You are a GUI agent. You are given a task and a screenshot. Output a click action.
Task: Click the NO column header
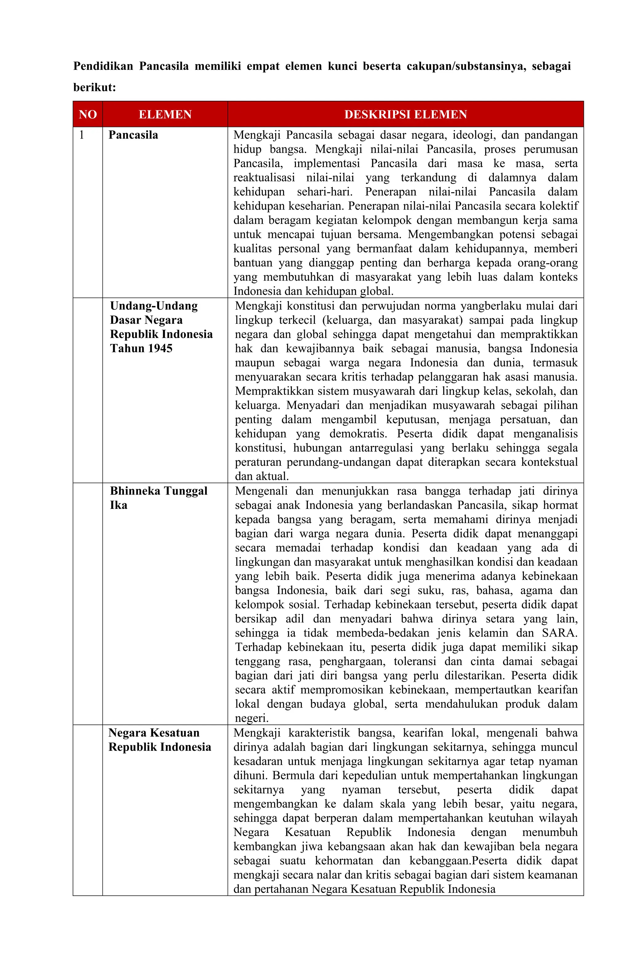click(x=87, y=114)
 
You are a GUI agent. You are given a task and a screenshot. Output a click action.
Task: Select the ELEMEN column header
click(x=165, y=114)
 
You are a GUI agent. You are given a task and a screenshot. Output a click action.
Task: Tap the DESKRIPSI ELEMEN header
click(x=405, y=114)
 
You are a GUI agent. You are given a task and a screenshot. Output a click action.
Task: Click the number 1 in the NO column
click(x=82, y=135)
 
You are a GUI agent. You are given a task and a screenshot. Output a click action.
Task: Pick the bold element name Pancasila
click(x=133, y=135)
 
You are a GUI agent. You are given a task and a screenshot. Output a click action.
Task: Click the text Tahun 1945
click(x=141, y=348)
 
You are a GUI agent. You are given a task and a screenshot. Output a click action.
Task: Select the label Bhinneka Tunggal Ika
click(x=158, y=498)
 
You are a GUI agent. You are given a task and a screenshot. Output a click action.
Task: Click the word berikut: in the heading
click(x=94, y=87)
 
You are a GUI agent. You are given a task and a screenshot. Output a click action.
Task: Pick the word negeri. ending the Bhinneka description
click(x=251, y=718)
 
